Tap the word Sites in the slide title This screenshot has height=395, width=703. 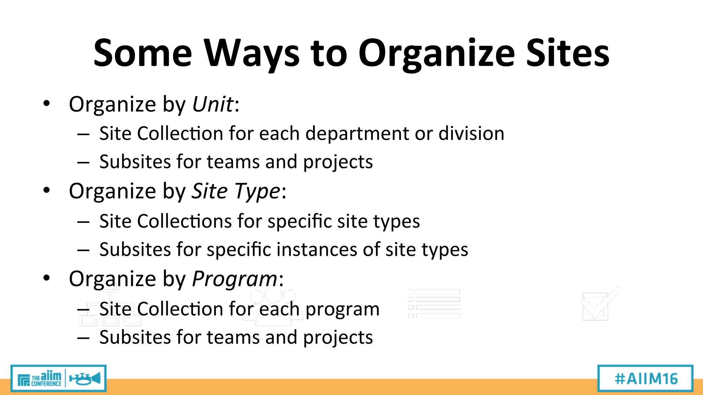click(x=568, y=53)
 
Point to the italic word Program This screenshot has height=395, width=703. click(x=234, y=279)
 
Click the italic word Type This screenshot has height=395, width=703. click(x=257, y=191)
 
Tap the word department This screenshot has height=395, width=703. click(x=357, y=134)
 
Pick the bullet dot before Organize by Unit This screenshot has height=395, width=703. click(x=47, y=103)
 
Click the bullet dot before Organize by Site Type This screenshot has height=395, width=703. click(x=47, y=190)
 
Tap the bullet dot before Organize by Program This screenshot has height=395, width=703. click(x=47, y=278)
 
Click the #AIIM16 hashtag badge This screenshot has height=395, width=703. click(x=646, y=379)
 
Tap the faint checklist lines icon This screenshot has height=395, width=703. click(x=434, y=303)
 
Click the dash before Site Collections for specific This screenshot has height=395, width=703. click(x=83, y=222)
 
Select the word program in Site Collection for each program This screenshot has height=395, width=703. click(x=342, y=310)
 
